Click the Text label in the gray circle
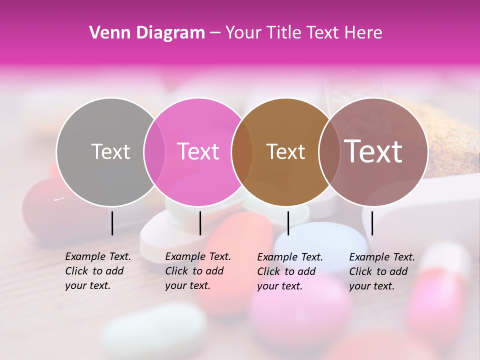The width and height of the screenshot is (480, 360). pos(110,151)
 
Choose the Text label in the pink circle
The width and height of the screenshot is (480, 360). pos(198,151)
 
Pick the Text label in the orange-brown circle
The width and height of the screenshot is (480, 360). pos(285,151)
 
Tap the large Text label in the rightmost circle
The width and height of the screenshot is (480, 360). pos(373,151)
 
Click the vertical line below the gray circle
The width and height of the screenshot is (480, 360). pos(112,223)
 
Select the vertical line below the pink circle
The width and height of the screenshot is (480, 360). pos(200,223)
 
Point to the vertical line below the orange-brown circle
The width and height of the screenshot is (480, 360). pos(288,223)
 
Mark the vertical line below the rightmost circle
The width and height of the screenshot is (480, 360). pos(372,223)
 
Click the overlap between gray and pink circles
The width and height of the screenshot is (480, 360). pos(154,151)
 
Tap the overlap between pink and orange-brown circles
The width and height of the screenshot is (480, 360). pos(242,151)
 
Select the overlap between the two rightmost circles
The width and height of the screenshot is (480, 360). pos(328,151)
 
